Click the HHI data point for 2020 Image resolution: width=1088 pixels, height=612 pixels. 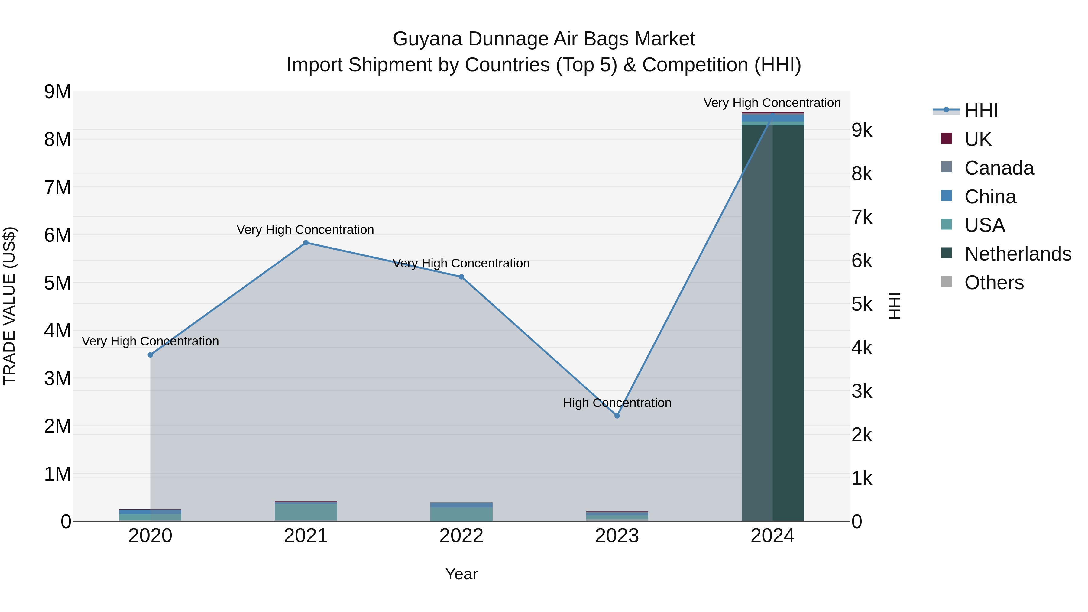151,355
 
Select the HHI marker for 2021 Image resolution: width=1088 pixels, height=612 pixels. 306,243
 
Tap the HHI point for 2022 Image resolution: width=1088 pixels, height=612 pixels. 461,277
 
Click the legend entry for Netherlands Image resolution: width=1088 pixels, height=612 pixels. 1018,254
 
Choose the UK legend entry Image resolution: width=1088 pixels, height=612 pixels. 977,139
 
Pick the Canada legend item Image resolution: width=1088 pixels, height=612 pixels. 999,168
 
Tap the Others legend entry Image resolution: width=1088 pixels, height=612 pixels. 994,283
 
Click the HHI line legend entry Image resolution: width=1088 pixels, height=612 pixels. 981,111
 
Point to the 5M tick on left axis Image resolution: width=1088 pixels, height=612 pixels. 58,283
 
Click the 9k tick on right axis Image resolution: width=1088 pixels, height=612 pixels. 862,131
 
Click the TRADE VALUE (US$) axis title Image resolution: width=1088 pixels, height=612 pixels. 10,306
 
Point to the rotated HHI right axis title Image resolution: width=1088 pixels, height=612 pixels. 895,306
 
